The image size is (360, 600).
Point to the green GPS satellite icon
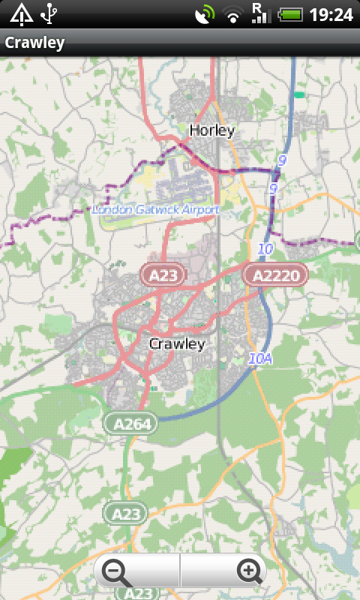(204, 13)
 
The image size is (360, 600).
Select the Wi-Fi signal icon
(234, 13)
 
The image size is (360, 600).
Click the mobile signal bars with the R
(260, 13)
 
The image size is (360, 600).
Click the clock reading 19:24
(331, 13)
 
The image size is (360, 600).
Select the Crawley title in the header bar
(34, 43)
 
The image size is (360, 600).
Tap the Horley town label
(212, 130)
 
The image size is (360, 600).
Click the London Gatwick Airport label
(156, 210)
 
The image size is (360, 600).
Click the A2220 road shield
(276, 275)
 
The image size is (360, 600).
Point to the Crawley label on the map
(177, 344)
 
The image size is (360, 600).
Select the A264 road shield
(130, 424)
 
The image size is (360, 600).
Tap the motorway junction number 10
(265, 248)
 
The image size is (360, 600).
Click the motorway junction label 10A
(260, 359)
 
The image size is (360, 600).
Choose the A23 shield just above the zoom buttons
(125, 514)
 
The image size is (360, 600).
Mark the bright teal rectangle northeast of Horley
(300, 95)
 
